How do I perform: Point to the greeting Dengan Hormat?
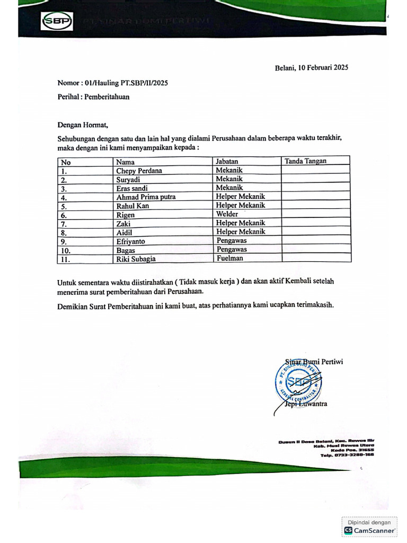click(x=83, y=125)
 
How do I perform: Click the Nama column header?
click(x=126, y=162)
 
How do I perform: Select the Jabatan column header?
click(x=227, y=161)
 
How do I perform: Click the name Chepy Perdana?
click(x=139, y=171)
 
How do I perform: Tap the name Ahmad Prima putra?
click(x=146, y=197)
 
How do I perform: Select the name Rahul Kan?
click(x=132, y=206)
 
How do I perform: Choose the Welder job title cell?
click(x=227, y=214)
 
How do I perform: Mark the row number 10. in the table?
click(x=66, y=250)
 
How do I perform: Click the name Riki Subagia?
click(x=136, y=259)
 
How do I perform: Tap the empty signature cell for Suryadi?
click(x=315, y=179)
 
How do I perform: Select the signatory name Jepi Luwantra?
click(x=306, y=404)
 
